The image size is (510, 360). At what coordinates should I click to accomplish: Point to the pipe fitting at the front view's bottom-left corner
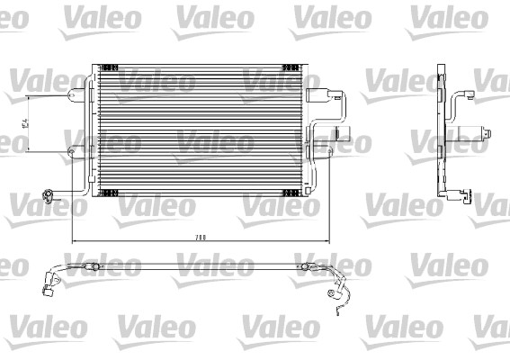49,195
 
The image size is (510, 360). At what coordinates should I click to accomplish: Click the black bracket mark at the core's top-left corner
109,67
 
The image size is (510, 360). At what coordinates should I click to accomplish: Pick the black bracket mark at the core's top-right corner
291,67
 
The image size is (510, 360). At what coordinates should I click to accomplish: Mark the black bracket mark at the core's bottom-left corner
109,192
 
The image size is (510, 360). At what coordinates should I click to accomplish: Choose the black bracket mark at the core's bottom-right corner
291,192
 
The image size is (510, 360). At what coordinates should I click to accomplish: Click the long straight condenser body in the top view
198,265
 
